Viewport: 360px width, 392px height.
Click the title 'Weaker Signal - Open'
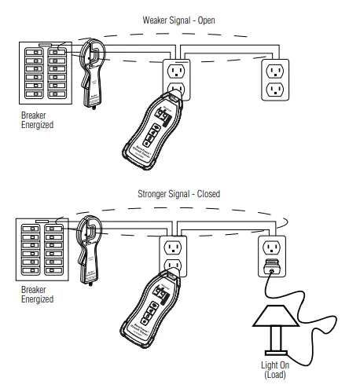179,19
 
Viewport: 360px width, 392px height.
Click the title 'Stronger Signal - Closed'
178,193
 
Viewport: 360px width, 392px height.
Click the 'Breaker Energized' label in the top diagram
37,120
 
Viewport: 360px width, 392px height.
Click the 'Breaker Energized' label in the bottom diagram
37,295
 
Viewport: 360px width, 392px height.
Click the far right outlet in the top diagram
275,79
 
